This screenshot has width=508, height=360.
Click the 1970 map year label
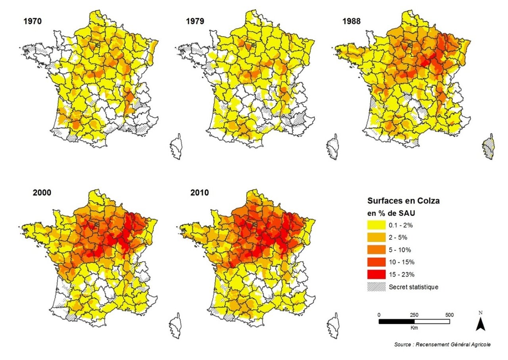tap(33, 21)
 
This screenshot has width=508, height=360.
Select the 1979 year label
tap(195, 21)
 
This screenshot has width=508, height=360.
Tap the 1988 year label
tap(351, 21)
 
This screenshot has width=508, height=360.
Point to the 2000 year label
tap(42, 193)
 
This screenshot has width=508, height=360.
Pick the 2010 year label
tap(199, 193)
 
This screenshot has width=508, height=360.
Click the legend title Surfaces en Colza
tap(404, 201)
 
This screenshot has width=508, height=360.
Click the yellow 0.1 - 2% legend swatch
tap(377, 225)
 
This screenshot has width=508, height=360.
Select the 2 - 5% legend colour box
tap(377, 237)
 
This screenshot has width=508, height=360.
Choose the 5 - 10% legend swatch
tap(377, 250)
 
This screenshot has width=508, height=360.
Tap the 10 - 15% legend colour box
tap(377, 262)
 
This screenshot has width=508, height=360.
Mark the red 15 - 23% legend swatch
tap(377, 275)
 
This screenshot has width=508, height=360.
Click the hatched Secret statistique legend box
tap(377, 287)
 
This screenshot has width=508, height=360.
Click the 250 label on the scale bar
tap(414, 315)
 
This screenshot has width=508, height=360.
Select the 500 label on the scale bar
tap(450, 315)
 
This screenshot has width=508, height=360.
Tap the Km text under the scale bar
tap(414, 328)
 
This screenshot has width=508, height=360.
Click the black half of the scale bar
tap(396, 321)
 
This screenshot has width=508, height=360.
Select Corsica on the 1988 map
tap(489, 147)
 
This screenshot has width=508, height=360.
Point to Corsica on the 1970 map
tap(177, 147)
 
